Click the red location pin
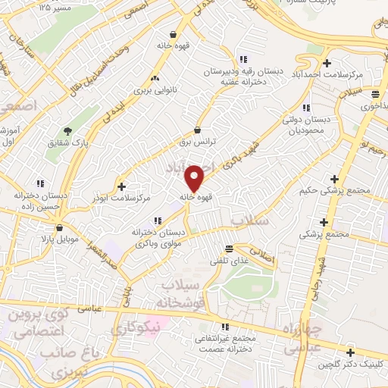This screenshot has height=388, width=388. tap(195, 178)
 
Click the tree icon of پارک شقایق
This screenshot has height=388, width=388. tap(67, 131)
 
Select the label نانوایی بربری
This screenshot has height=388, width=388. tap(155, 90)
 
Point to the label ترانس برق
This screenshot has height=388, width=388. tap(198, 142)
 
